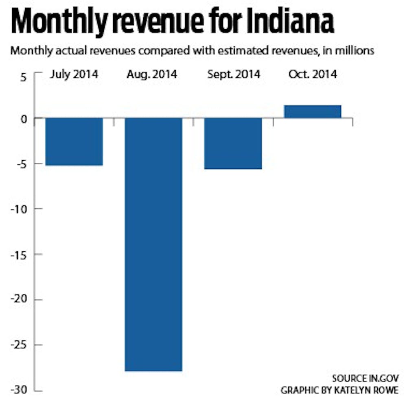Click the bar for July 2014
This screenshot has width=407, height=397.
74,142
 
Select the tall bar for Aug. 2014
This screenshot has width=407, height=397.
153,244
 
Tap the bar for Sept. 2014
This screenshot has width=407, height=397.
233,143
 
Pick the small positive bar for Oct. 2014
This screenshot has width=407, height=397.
313,111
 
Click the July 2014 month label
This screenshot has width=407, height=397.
74,74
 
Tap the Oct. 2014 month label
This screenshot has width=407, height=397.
313,74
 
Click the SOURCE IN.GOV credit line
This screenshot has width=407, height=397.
365,378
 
